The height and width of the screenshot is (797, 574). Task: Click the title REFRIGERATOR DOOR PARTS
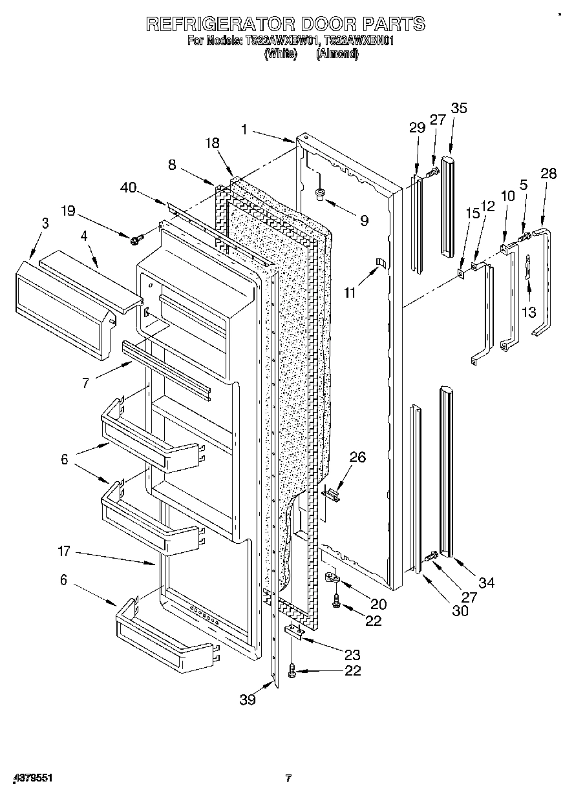click(285, 24)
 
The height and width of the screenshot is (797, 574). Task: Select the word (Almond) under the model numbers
click(337, 55)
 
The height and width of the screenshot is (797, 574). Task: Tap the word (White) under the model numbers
click(280, 55)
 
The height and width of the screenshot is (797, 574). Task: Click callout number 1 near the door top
click(244, 130)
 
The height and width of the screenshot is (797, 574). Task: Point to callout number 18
click(213, 143)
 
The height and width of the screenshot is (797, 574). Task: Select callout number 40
click(128, 188)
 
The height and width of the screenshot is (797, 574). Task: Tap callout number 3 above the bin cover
click(45, 223)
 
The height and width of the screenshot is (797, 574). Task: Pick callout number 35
click(459, 108)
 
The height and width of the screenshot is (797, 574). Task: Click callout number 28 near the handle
click(548, 173)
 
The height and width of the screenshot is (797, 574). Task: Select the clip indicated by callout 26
click(331, 494)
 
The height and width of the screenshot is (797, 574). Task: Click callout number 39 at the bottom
click(247, 699)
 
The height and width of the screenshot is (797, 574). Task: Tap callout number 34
click(486, 583)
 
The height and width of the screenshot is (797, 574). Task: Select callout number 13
click(529, 312)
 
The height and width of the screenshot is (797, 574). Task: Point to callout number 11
click(350, 293)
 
